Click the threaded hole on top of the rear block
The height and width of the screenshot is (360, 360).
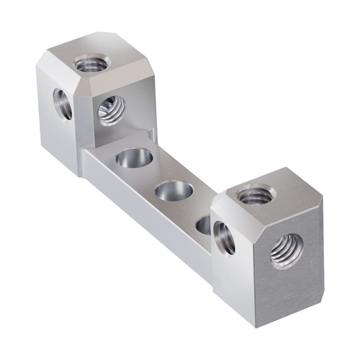pos(92,64)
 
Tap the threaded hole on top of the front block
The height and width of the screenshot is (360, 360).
pos(255,194)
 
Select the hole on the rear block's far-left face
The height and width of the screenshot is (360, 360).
pos(62,104)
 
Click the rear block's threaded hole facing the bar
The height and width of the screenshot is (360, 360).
pos(112,109)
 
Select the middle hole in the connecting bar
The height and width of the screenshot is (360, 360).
pos(174,191)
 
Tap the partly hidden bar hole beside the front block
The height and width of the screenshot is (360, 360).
pos(204,224)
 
